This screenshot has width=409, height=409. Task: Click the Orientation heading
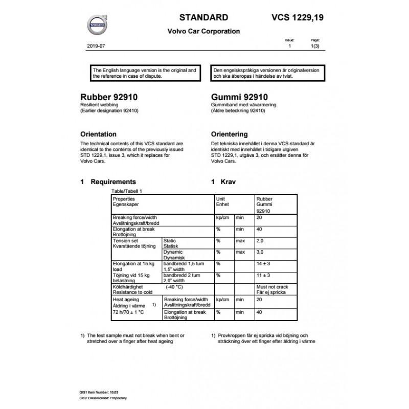click(102, 134)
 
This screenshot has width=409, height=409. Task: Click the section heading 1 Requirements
click(108, 181)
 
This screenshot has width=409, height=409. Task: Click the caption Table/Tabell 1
click(126, 190)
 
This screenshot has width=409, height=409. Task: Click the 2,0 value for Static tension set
click(260, 240)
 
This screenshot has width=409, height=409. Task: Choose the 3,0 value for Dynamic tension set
click(260, 252)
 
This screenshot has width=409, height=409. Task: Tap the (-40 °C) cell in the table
click(175, 287)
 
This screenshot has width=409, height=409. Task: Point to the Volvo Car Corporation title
click(203, 31)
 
